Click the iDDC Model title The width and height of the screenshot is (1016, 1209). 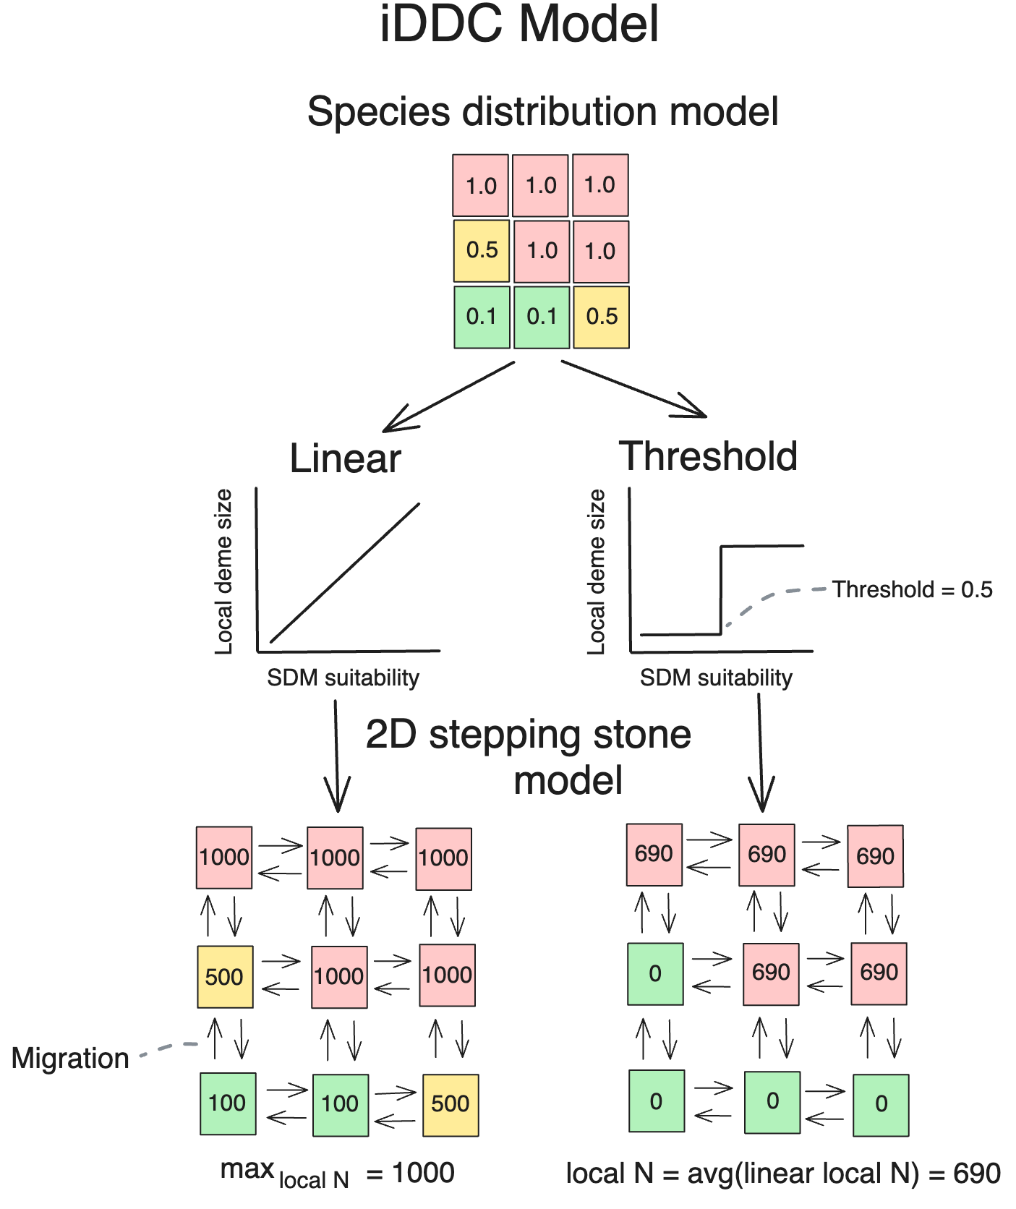519,24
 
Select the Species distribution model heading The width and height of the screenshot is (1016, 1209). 542,112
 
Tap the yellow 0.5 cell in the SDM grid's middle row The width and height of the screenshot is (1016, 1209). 482,251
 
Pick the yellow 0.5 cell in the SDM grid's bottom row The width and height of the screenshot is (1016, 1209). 601,317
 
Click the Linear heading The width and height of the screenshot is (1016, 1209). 345,458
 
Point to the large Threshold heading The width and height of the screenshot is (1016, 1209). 709,457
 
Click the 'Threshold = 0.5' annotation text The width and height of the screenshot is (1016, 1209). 912,589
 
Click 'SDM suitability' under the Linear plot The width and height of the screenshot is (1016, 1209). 343,678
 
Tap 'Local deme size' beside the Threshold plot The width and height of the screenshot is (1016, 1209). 596,571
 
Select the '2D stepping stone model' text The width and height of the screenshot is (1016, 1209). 529,756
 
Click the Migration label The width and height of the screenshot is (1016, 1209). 70,1059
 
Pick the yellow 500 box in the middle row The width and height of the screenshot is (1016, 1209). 225,977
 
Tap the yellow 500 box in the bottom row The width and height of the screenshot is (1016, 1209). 450,1104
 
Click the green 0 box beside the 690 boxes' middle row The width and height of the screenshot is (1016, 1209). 655,974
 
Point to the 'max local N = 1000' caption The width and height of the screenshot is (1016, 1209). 337,1174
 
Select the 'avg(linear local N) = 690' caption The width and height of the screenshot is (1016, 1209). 783,1174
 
